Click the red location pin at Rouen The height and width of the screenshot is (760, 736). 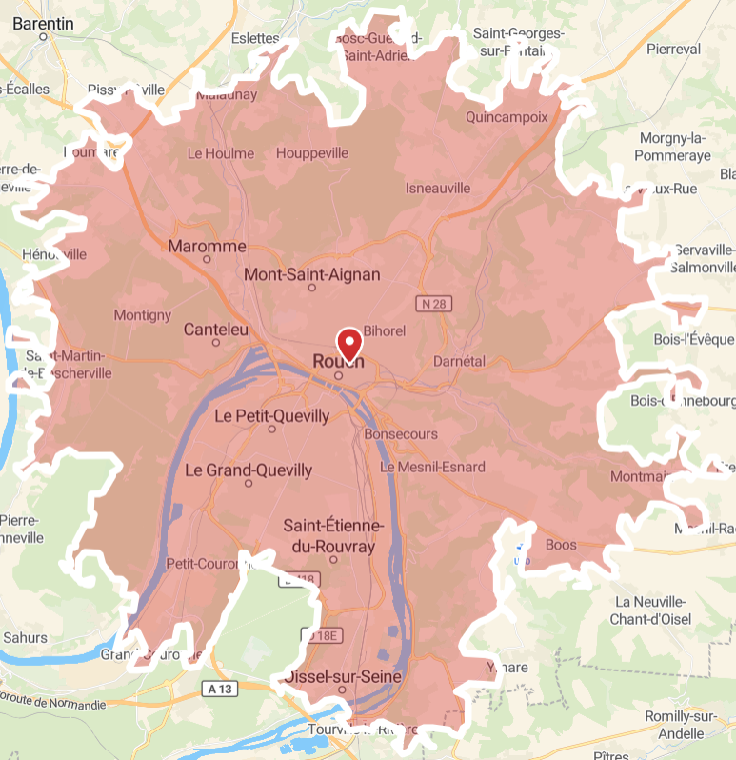coord(349,341)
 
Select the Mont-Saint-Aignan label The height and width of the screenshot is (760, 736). coord(312,275)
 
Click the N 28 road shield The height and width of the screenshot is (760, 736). coord(432,304)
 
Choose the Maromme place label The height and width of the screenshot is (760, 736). coord(207,247)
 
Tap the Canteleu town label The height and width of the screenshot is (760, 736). coord(216,330)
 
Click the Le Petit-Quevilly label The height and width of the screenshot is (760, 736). coord(271,416)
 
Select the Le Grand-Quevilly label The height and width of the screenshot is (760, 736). coord(248,470)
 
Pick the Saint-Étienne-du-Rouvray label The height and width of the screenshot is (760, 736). coord(333,536)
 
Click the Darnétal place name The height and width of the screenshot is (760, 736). coord(459,362)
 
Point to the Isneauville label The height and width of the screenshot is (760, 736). coord(438,189)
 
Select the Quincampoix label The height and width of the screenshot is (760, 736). coord(507,118)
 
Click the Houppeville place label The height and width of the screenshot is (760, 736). coord(312,153)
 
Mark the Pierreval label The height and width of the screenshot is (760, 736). coord(672,49)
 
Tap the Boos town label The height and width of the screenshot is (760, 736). coord(562,545)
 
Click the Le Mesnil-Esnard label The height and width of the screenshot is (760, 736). coord(432,467)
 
